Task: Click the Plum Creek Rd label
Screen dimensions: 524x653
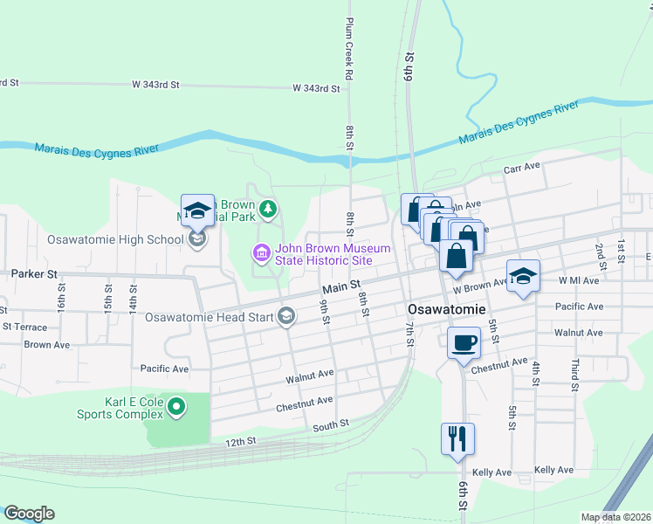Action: [x=348, y=50]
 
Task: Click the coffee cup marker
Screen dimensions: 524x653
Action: [x=464, y=341]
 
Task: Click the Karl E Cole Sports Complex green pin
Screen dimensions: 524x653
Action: [x=177, y=406]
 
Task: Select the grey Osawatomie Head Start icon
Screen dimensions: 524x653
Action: [x=286, y=317]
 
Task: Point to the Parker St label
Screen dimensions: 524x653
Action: [x=34, y=273]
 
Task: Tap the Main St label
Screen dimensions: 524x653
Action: [x=341, y=286]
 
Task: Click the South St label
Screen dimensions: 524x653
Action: [x=331, y=424]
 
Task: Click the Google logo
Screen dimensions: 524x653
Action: [x=29, y=514]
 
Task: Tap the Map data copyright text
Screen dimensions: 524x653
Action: [x=616, y=517]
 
